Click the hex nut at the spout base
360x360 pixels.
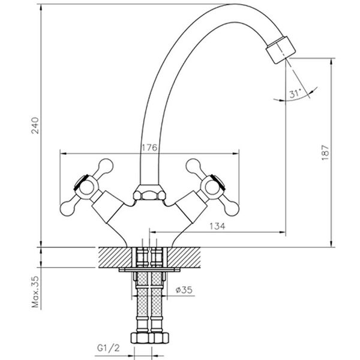click(148, 194)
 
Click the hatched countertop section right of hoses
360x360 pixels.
click(182, 257)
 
